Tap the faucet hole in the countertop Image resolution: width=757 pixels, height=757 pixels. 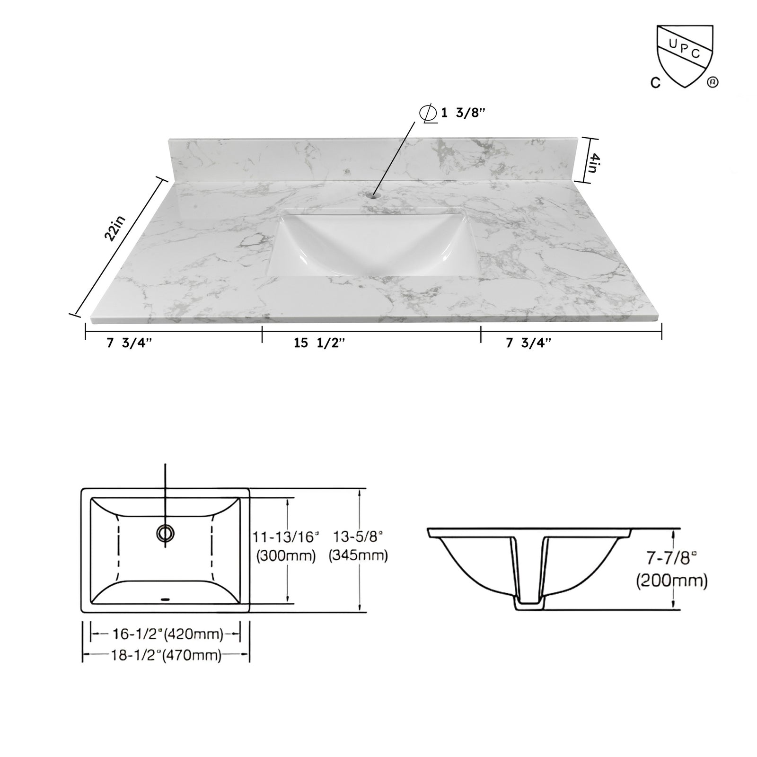(375, 194)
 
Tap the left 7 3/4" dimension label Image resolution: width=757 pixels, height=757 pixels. (129, 343)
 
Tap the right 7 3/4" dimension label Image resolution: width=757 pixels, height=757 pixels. (529, 343)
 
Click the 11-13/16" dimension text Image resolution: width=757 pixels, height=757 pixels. (286, 537)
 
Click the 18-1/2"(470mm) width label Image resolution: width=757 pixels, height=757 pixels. (166, 655)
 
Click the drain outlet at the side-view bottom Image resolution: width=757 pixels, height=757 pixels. (530, 606)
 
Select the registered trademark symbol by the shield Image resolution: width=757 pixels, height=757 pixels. (713, 82)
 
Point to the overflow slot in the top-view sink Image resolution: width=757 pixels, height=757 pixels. (165, 599)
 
